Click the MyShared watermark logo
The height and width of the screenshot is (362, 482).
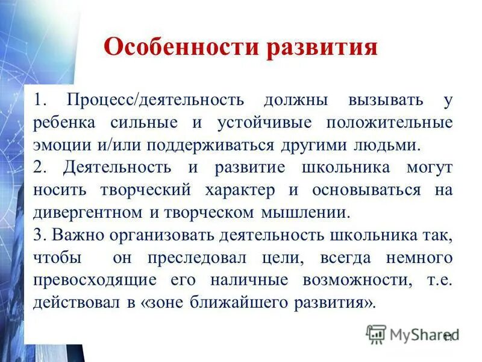tap(412, 334)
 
